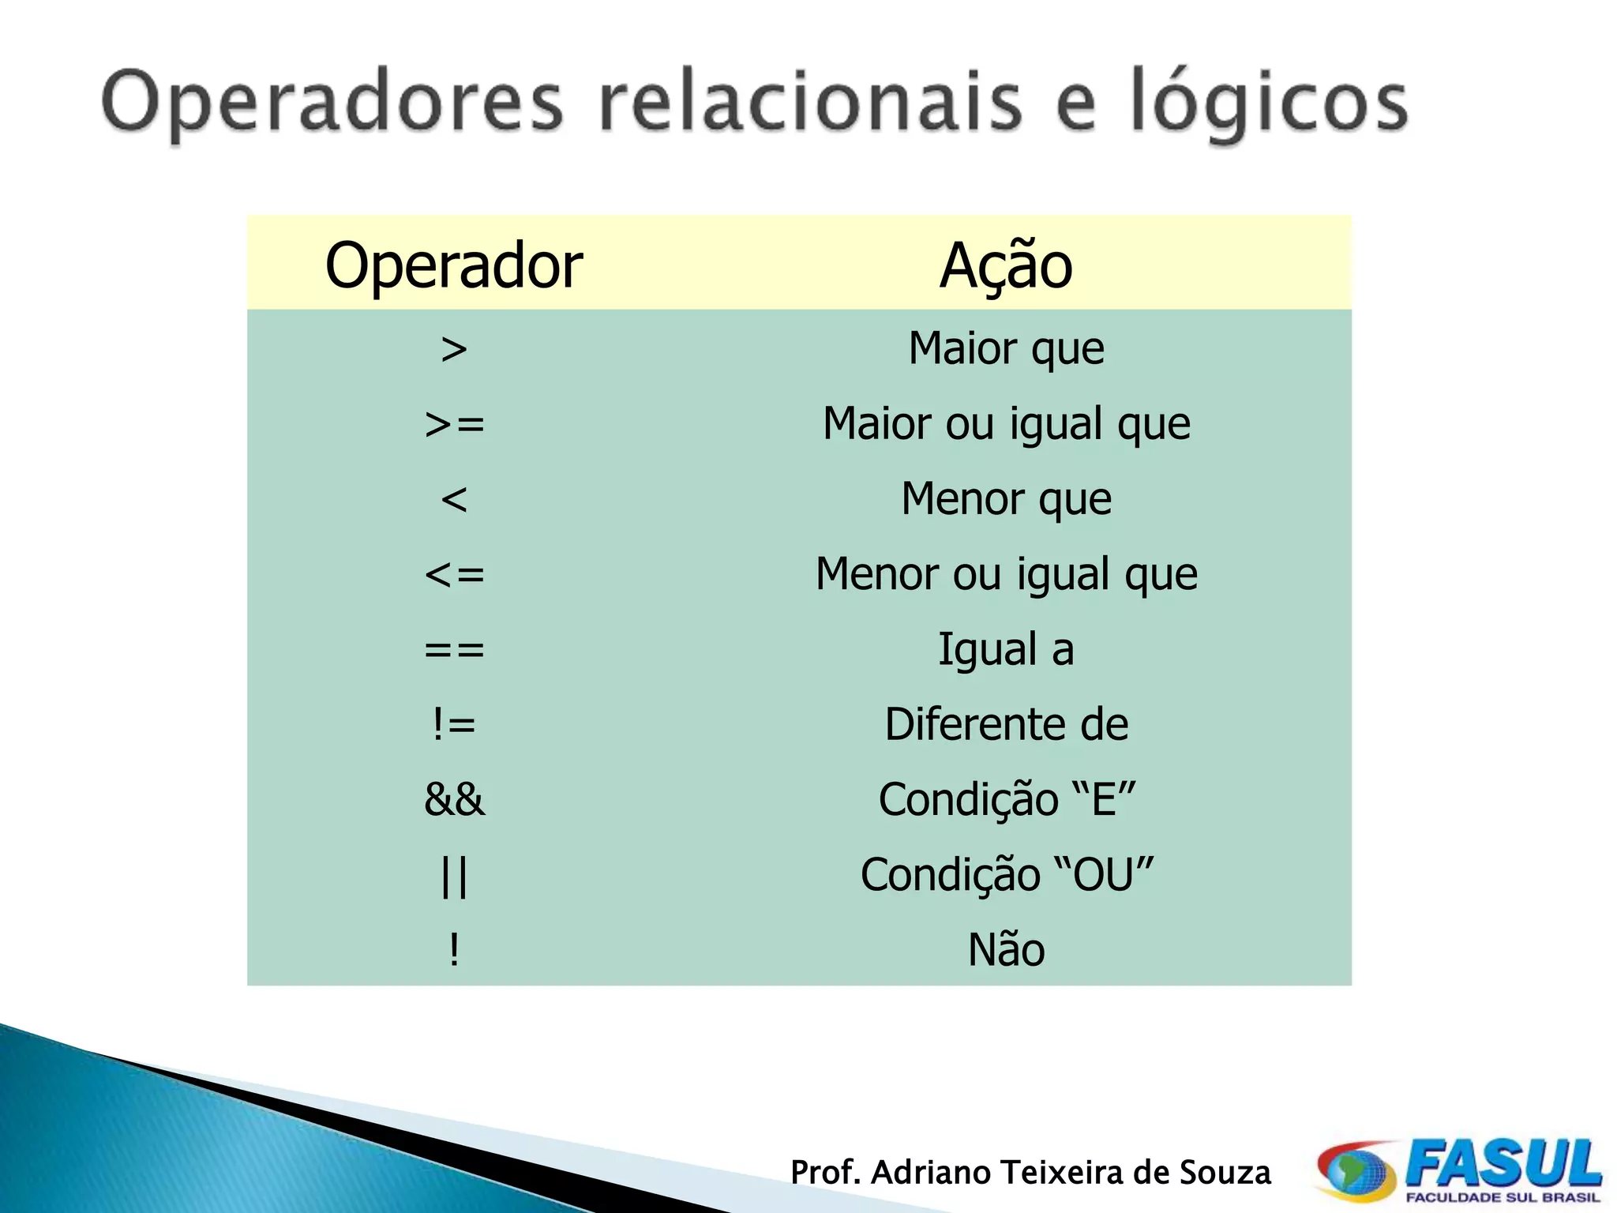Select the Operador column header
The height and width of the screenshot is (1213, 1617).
tap(454, 265)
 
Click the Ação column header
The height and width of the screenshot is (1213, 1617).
tap(1006, 265)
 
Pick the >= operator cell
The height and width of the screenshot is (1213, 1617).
tap(454, 425)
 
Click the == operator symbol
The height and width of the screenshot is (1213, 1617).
tap(454, 650)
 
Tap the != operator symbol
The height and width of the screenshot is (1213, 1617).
tap(454, 724)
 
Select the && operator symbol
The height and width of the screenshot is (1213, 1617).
tap(454, 799)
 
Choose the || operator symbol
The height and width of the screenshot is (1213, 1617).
tap(454, 876)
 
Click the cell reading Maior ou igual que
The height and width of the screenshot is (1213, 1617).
tap(1006, 424)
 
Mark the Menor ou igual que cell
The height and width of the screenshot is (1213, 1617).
tap(1006, 574)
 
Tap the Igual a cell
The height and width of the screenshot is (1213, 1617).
tap(1006, 649)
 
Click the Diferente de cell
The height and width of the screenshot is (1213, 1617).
tap(1006, 724)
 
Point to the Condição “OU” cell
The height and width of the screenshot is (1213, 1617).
tap(1006, 874)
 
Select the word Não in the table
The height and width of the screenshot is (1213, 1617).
tap(1006, 949)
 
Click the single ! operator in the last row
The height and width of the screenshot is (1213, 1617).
tap(454, 949)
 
